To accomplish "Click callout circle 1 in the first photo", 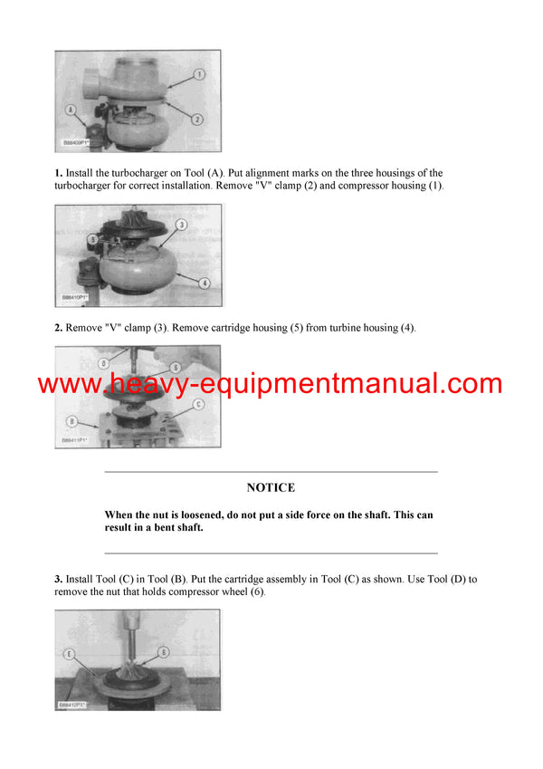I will [x=200, y=73].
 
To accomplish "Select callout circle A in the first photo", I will [x=70, y=109].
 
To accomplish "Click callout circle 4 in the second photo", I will [x=205, y=283].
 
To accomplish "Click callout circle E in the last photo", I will [x=70, y=651].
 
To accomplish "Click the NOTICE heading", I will [x=271, y=487].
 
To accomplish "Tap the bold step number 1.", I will [x=58, y=173].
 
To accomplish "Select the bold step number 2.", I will [x=58, y=327].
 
